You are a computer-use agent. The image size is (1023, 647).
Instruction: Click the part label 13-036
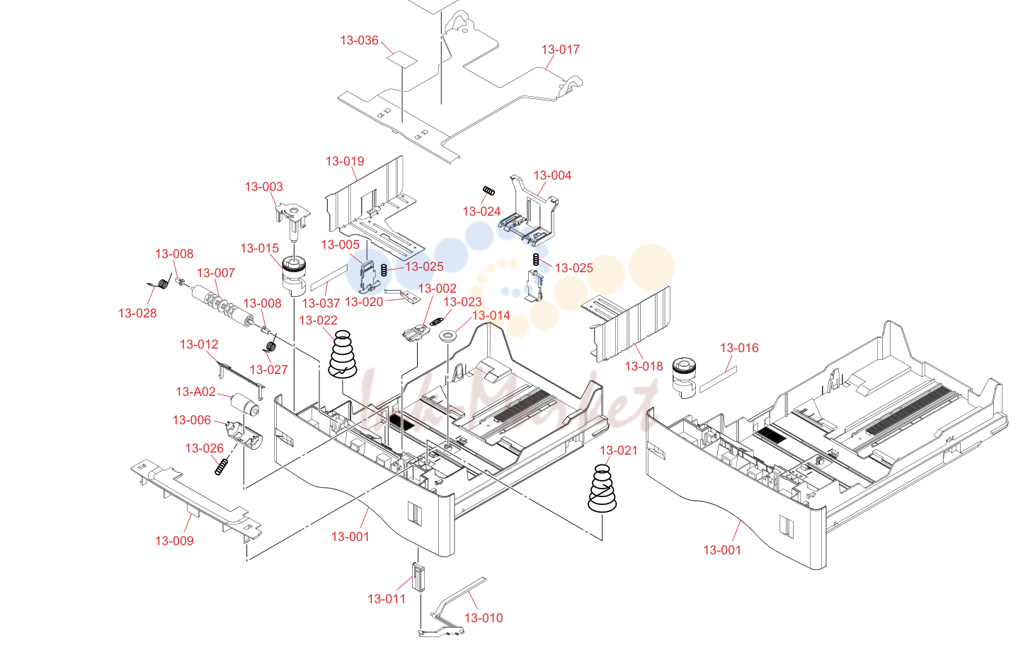point(360,40)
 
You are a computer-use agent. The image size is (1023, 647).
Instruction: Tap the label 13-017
point(561,49)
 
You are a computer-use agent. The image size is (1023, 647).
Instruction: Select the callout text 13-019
point(345,161)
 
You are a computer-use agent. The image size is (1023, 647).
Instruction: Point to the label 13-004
point(552,175)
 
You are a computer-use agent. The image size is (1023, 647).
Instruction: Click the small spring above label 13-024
point(488,191)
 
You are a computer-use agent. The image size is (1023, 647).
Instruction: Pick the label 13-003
point(264,187)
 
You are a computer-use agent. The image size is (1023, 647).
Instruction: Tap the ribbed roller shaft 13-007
point(222,305)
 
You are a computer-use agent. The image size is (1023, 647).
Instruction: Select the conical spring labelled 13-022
point(343,355)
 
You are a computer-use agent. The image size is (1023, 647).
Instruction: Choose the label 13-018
point(644,366)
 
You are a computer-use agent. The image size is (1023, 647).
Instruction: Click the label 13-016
point(739,348)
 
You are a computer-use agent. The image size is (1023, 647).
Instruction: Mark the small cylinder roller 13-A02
point(245,404)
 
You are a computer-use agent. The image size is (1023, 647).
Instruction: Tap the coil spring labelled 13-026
point(222,467)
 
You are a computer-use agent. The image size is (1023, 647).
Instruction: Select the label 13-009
point(174,541)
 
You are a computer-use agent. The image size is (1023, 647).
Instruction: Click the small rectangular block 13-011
point(418,577)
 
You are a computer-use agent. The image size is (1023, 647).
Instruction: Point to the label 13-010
point(484,618)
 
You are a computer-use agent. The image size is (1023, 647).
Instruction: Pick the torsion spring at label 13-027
point(270,343)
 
